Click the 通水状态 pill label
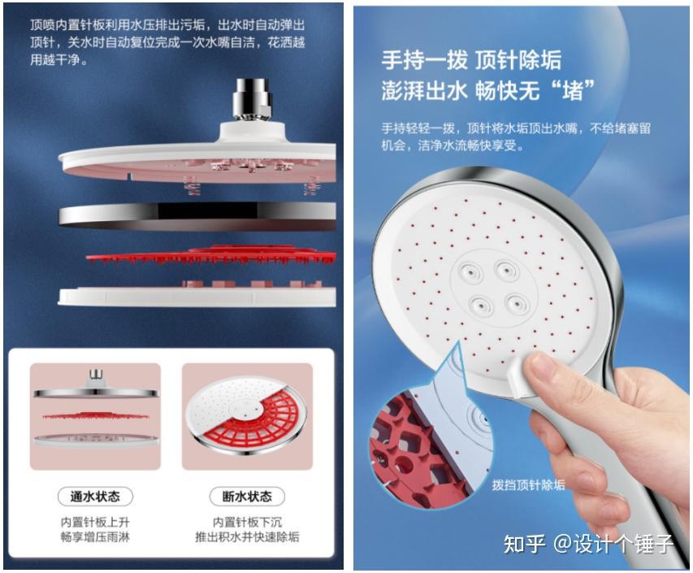(x=95, y=497)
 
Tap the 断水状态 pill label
(x=247, y=497)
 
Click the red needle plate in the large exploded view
(x=210, y=255)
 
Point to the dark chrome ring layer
(x=197, y=215)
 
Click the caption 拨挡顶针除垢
(x=529, y=485)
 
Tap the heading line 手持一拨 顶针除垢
(x=471, y=60)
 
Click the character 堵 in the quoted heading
(x=573, y=92)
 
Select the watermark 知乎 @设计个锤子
(x=588, y=544)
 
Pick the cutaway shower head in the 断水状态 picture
(x=246, y=415)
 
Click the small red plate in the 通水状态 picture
(x=95, y=416)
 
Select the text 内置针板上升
(x=95, y=522)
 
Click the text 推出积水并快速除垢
(x=247, y=537)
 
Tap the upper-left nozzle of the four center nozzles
(x=470, y=271)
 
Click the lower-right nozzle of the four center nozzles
(x=517, y=303)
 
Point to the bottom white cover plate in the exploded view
(x=197, y=295)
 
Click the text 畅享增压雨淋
(x=95, y=537)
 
